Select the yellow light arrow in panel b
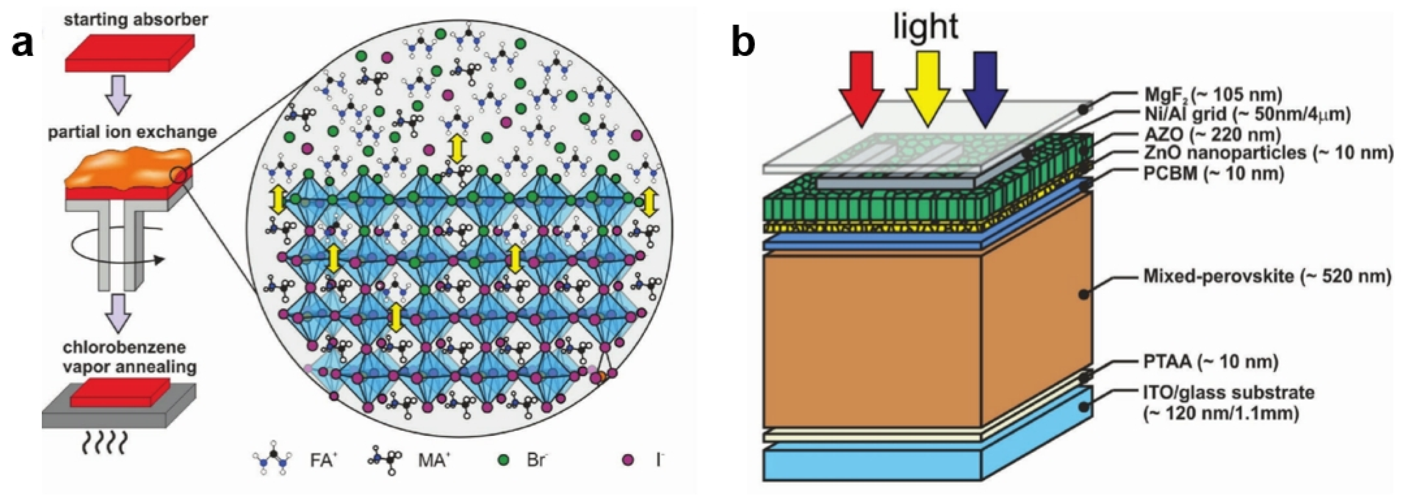click(x=928, y=87)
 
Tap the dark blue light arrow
click(x=985, y=87)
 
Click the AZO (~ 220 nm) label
click(x=1212, y=134)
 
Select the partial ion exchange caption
click(x=132, y=132)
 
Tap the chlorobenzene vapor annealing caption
click(x=129, y=357)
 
